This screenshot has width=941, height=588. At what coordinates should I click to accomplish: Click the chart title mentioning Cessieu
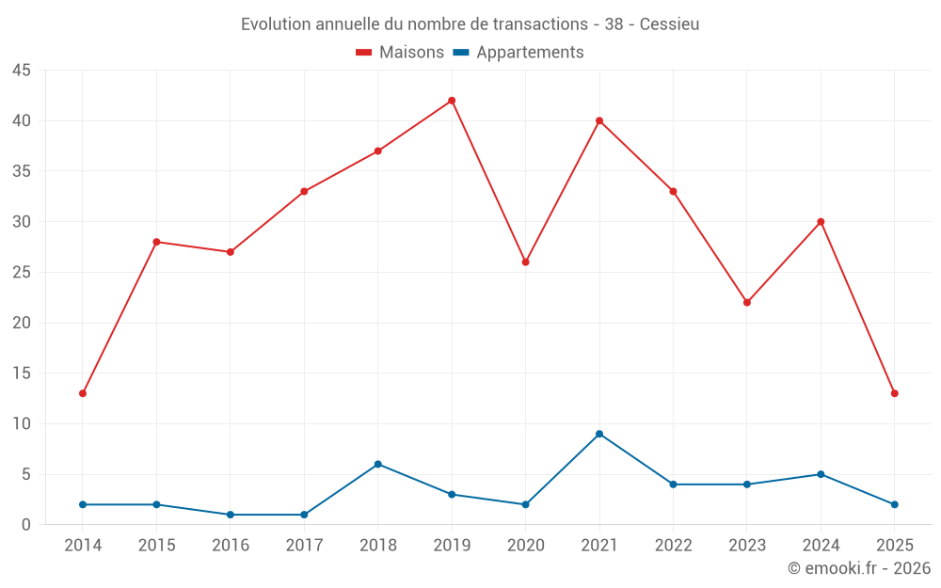470,24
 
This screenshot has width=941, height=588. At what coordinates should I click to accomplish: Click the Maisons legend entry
400,53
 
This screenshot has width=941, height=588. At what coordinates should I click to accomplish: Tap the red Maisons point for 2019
452,101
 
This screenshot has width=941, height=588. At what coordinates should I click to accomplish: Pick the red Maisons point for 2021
599,120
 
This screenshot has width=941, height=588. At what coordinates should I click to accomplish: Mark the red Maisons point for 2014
83,393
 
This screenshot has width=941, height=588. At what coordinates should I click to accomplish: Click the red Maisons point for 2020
525,262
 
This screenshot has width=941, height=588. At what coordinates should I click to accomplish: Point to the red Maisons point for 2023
747,302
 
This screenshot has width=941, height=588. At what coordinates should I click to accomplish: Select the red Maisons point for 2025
894,393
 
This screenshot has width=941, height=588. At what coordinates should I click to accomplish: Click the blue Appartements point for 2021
599,434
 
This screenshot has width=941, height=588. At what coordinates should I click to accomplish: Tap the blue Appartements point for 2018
378,464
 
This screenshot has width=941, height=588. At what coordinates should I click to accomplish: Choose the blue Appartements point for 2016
231,515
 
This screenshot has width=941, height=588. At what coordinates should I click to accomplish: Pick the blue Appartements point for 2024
821,474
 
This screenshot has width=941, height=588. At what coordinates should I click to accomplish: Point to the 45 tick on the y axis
21,71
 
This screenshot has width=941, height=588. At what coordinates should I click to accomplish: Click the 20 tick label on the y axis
21,323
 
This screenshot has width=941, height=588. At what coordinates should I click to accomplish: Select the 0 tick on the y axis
26,525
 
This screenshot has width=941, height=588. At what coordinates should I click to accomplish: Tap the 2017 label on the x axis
304,546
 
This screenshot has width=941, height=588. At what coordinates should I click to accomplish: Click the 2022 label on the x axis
673,546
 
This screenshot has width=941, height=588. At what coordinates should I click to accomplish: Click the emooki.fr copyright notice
858,568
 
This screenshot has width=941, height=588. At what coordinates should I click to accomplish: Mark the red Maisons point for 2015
156,242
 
